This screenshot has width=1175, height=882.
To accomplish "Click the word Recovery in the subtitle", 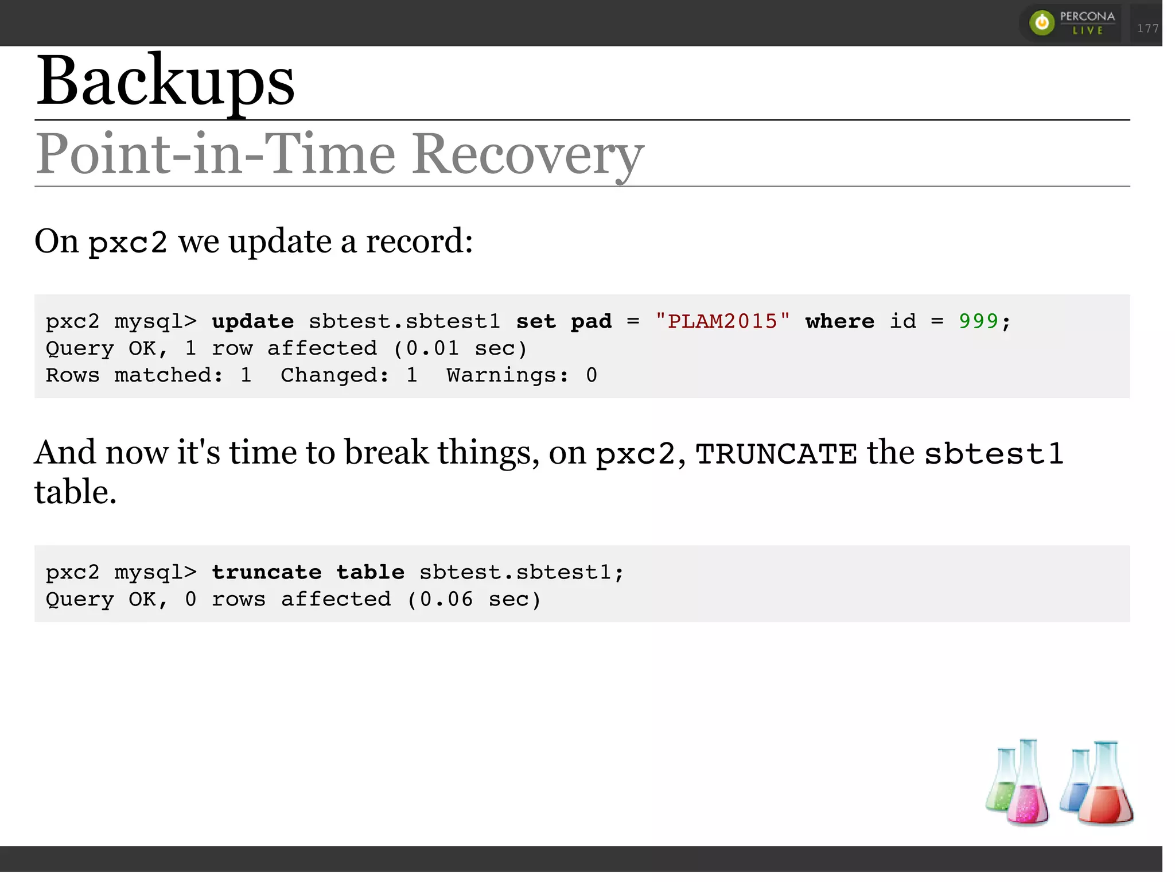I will [x=528, y=154].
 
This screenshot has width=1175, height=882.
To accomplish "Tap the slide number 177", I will [x=1147, y=28].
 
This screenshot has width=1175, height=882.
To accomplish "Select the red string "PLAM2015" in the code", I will [x=722, y=321].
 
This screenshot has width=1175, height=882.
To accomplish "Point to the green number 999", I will [x=978, y=321].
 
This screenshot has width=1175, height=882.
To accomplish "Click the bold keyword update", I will [x=252, y=321].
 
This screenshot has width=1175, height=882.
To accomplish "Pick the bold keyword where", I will [x=839, y=321].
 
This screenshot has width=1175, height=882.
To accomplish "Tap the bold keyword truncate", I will [x=267, y=572].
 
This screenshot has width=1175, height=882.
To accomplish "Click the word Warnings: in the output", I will [x=508, y=375].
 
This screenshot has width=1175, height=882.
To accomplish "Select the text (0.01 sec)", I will [x=460, y=348].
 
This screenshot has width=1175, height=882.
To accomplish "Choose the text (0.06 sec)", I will [x=474, y=599].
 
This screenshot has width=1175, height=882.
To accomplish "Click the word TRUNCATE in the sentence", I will [x=776, y=454].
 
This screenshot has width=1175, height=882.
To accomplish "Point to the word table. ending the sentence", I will [x=75, y=492].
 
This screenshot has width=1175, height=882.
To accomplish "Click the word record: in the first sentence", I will [x=419, y=241].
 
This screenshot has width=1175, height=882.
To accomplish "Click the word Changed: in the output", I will [x=334, y=375].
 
